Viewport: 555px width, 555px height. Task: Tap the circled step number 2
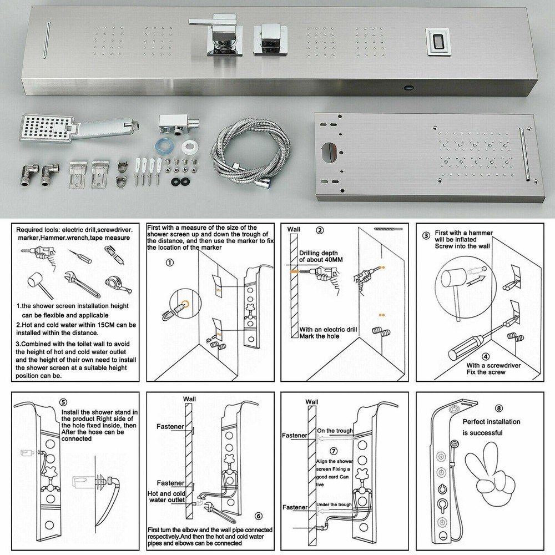(320, 230)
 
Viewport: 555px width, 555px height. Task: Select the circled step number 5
(63, 403)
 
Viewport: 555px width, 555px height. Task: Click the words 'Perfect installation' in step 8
(491, 421)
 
